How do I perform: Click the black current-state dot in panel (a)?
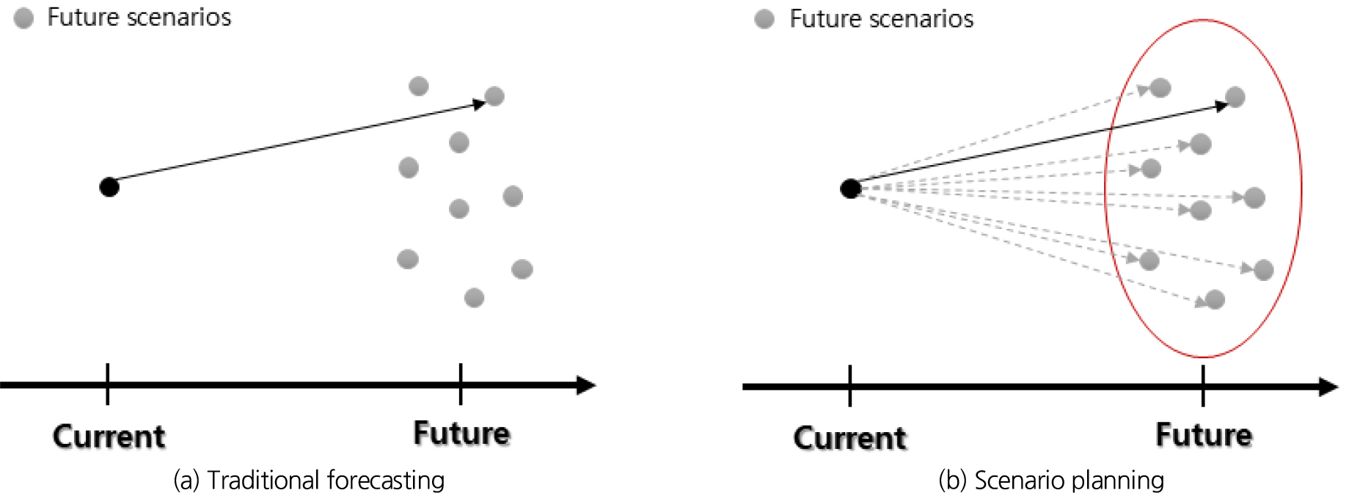pyautogui.click(x=109, y=187)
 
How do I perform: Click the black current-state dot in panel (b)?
pyautogui.click(x=850, y=189)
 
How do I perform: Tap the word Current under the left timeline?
pyautogui.click(x=109, y=437)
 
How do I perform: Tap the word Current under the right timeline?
pyautogui.click(x=850, y=438)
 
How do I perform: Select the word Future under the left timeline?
pyautogui.click(x=461, y=433)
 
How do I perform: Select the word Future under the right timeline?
pyautogui.click(x=1204, y=434)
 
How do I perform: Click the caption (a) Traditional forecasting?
pyautogui.click(x=309, y=480)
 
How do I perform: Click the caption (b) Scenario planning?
pyautogui.click(x=1051, y=480)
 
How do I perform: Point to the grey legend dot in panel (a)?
pyautogui.click(x=23, y=18)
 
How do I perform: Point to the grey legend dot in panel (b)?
pyautogui.click(x=764, y=19)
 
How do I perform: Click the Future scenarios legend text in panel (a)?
pyautogui.click(x=139, y=17)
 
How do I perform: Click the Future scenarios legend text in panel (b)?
pyautogui.click(x=882, y=18)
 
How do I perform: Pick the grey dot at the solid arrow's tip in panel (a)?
pyautogui.click(x=494, y=96)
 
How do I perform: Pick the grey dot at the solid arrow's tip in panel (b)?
pyautogui.click(x=1235, y=97)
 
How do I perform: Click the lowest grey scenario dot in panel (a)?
pyautogui.click(x=474, y=298)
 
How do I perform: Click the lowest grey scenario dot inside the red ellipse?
pyautogui.click(x=1215, y=299)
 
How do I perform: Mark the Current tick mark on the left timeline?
pyautogui.click(x=108, y=384)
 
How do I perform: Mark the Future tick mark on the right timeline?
pyautogui.click(x=1203, y=386)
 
